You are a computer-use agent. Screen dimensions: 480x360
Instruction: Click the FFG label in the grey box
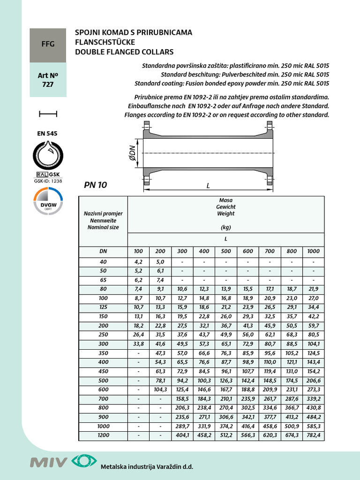click(x=48, y=44)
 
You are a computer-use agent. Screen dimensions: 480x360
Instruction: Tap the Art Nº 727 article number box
click(x=48, y=80)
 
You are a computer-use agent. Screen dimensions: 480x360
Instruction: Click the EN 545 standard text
click(x=47, y=133)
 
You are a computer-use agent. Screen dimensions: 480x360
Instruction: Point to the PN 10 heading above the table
click(x=96, y=185)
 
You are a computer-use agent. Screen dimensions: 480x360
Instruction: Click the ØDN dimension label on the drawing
click(x=132, y=153)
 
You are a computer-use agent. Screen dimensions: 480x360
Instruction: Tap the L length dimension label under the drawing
click(x=208, y=186)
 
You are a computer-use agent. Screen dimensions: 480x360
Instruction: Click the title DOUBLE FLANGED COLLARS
click(x=124, y=52)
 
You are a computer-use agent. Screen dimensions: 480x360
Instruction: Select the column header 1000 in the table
click(x=313, y=251)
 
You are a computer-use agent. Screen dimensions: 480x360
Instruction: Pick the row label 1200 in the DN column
click(x=103, y=435)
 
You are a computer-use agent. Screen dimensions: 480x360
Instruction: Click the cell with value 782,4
click(x=313, y=435)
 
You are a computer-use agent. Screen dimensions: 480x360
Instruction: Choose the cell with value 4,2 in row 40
click(x=138, y=262)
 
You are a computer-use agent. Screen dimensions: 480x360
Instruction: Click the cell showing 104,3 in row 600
click(x=160, y=390)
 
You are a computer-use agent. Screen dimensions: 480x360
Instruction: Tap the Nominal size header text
click(x=103, y=227)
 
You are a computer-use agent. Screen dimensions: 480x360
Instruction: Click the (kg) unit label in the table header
click(x=225, y=227)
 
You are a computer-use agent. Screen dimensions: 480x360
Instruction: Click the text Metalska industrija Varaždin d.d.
click(x=147, y=467)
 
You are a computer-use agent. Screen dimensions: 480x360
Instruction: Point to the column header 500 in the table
click(x=225, y=251)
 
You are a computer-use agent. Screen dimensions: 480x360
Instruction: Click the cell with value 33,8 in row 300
click(x=138, y=344)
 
